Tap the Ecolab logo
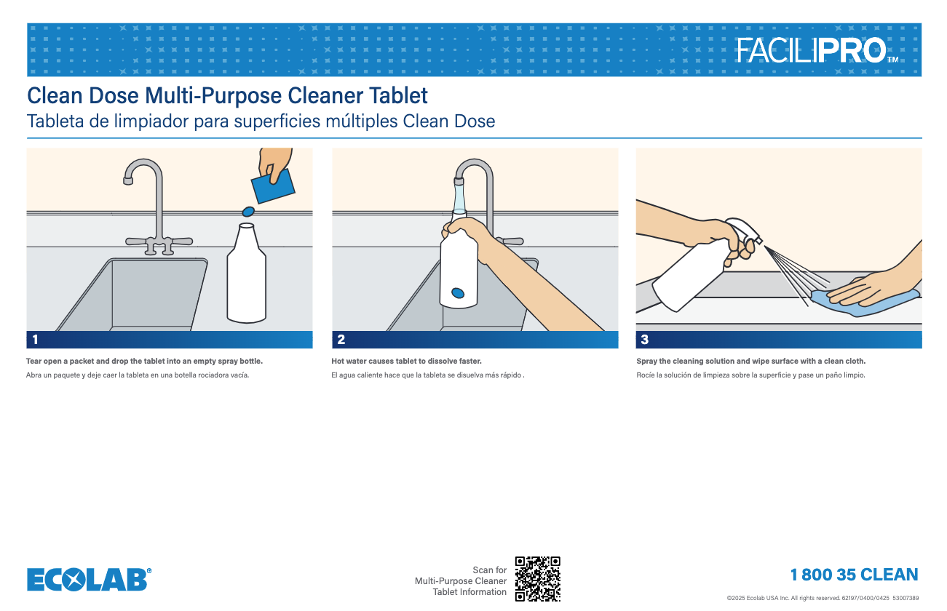(90, 579)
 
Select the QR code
(537, 579)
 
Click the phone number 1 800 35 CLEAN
(854, 575)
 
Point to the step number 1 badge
(35, 340)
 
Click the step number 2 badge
(341, 340)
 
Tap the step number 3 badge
(644, 340)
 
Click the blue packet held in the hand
(273, 187)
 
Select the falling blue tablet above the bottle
(247, 211)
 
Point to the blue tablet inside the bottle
(458, 293)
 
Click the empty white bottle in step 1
(247, 273)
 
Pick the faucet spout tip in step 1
(127, 181)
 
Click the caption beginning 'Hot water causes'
(406, 362)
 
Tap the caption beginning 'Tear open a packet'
(144, 362)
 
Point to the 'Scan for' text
(490, 570)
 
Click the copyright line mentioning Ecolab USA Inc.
(823, 599)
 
